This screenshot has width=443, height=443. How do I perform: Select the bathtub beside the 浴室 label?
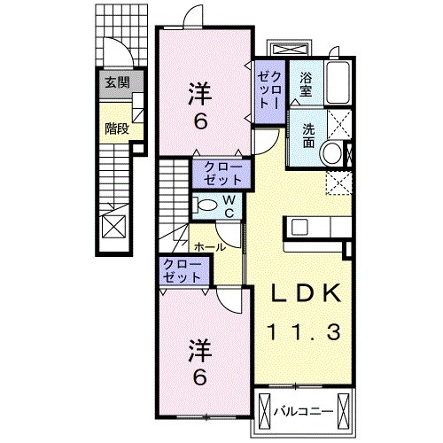click(338, 83)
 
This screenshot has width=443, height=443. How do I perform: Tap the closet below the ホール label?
click(183, 270)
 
